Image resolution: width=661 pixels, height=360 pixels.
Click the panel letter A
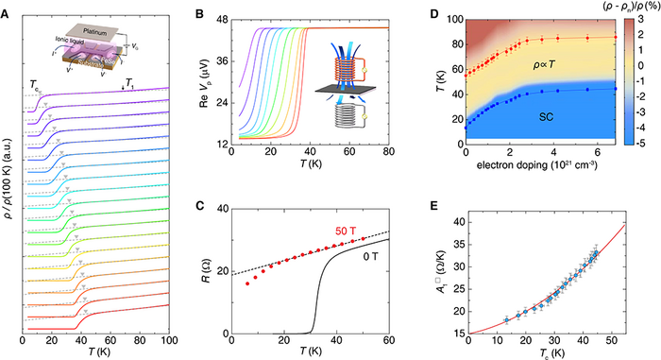point(8,11)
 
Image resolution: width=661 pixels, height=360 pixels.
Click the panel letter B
point(196,11)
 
